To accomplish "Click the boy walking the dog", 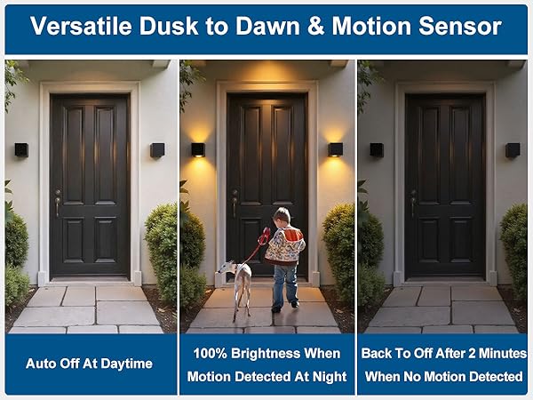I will pos(284,253).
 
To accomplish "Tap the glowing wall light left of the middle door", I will pos(198,149).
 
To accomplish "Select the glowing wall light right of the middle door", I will pos(336,149).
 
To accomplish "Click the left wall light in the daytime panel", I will pos(21,150).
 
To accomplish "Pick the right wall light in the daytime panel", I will pos(157,150).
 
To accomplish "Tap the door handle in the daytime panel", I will pos(58,203).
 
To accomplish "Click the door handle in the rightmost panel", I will pos(413,203).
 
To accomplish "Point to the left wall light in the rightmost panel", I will pos(377,150).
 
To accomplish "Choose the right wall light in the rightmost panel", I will pos(513,150).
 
